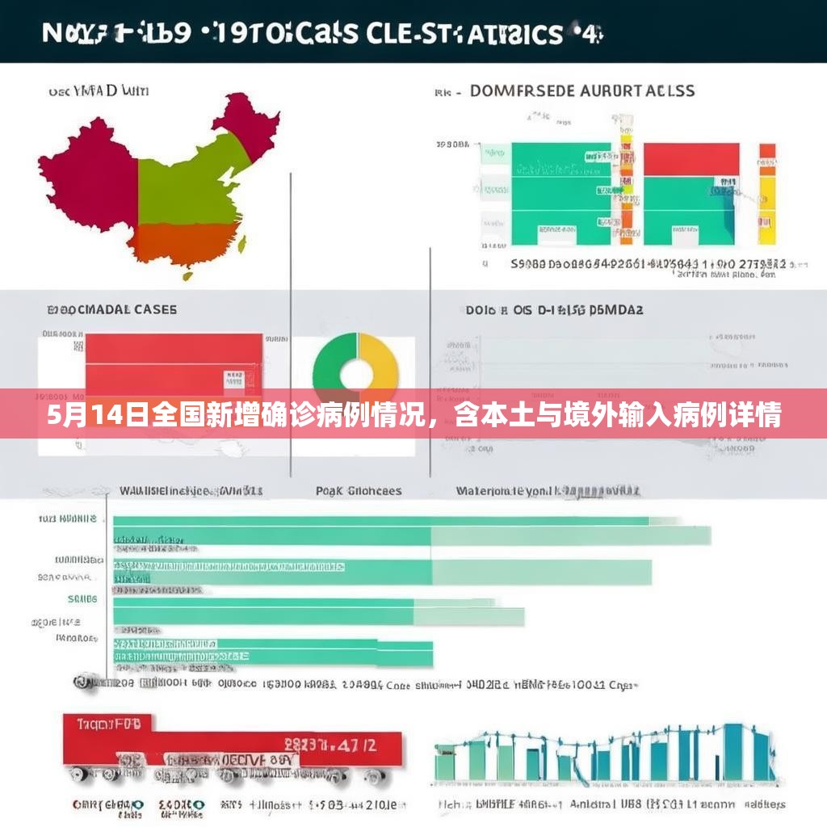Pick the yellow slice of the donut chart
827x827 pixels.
[x=383, y=363]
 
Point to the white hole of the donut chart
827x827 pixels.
[x=356, y=374]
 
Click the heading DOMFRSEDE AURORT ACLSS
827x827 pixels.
[x=581, y=91]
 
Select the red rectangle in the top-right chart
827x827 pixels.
[x=691, y=158]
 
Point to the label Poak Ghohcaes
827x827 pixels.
[x=358, y=491]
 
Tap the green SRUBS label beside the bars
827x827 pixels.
[x=82, y=599]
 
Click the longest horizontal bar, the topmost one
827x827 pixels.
[x=380, y=521]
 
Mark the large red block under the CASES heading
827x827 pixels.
[x=174, y=363]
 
